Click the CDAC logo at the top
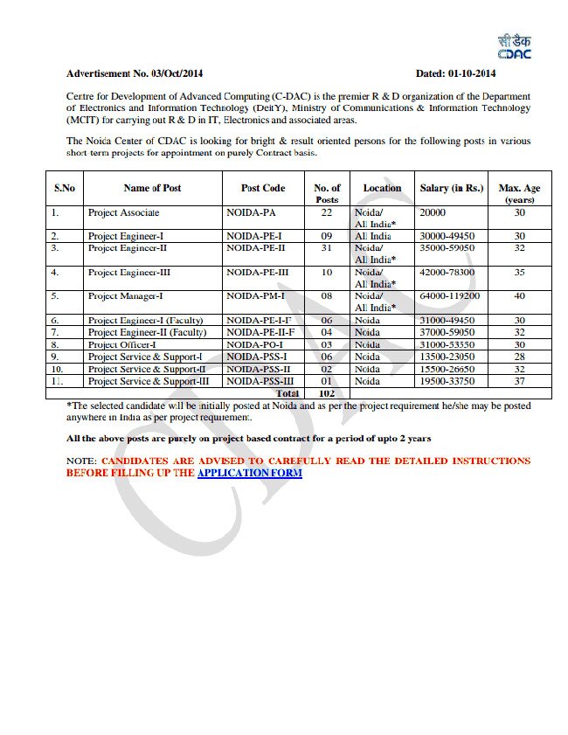pyautogui.click(x=514, y=48)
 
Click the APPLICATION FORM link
pyautogui.click(x=250, y=473)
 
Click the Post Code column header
pyautogui.click(x=263, y=188)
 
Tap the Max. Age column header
pyautogui.click(x=519, y=193)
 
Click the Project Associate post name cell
pyautogui.click(x=124, y=212)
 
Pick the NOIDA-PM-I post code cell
pyautogui.click(x=255, y=296)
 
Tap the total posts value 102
pyautogui.click(x=328, y=393)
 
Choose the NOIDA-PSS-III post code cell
pyautogui.click(x=259, y=381)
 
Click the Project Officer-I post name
pyautogui.click(x=122, y=344)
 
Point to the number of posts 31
pyautogui.click(x=327, y=248)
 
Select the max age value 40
pyautogui.click(x=519, y=296)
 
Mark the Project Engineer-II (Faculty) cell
pyautogui.click(x=147, y=332)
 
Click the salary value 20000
pyautogui.click(x=433, y=212)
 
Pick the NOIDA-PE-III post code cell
pyautogui.click(x=257, y=273)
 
